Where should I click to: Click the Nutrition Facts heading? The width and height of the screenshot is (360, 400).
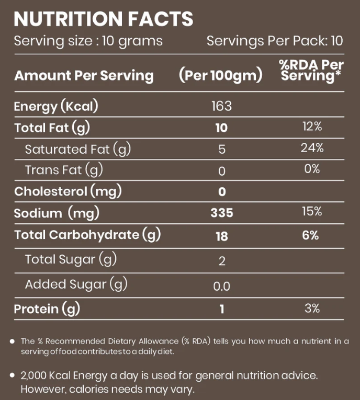[103, 19]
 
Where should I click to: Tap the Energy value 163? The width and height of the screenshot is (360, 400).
[222, 106]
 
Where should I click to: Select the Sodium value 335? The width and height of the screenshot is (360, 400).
[222, 213]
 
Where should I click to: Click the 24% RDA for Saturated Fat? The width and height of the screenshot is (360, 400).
[312, 148]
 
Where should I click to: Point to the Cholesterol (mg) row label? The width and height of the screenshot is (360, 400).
[68, 191]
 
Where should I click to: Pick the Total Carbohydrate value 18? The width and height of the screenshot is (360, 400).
[222, 236]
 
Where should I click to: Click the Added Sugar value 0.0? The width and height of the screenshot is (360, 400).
[222, 286]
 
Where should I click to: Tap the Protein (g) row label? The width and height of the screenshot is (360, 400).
[47, 309]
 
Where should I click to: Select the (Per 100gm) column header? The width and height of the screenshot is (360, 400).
[220, 76]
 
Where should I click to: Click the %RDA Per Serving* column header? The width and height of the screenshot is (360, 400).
[311, 71]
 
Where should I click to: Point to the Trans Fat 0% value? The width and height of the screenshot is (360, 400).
[312, 169]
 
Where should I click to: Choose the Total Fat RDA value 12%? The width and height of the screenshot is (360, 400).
[312, 127]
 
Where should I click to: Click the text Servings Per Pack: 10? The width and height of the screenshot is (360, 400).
[275, 41]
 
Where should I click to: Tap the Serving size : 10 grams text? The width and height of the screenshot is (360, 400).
[88, 41]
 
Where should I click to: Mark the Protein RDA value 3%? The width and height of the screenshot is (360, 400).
[312, 308]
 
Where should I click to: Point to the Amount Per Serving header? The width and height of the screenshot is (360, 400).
[84, 76]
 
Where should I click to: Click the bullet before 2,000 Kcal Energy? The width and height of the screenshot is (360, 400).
[12, 376]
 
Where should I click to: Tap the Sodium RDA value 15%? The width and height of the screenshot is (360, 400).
[312, 212]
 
